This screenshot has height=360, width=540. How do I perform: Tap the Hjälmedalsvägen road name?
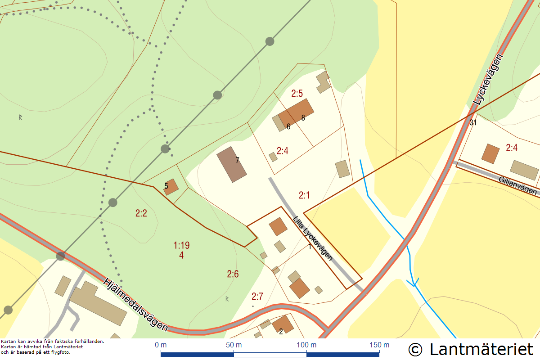[x=135, y=305]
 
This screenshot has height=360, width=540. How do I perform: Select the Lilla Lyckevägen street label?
[x=313, y=239]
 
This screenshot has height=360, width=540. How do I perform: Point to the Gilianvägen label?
[x=518, y=185]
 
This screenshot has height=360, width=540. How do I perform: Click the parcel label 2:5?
[x=297, y=94]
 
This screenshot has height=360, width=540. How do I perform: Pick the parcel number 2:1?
[x=305, y=195]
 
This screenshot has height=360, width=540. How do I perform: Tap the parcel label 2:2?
[x=141, y=213]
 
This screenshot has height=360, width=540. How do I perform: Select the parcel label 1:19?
[x=181, y=245]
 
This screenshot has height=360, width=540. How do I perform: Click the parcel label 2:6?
[x=233, y=274]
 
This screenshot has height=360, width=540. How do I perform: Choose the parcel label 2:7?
[x=257, y=296]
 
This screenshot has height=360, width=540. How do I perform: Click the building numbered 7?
[x=231, y=164]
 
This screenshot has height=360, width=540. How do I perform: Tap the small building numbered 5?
[x=171, y=187]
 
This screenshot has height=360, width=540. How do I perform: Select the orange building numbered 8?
[x=296, y=112]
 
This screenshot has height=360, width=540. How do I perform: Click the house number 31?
[x=472, y=122]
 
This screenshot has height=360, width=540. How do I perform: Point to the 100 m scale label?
[x=306, y=345]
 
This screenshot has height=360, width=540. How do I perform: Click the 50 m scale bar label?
[x=234, y=345]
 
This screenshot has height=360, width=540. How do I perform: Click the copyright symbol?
[x=416, y=350]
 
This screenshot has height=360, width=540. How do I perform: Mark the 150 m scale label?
[x=379, y=345]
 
